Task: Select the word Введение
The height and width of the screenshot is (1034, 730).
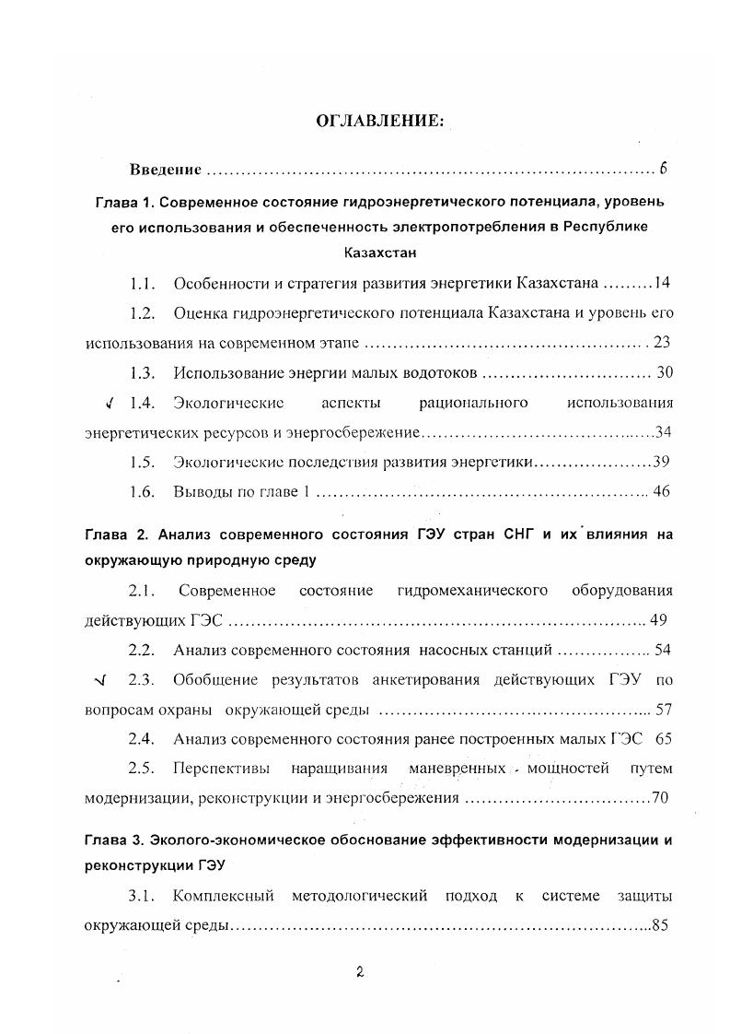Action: pos(165,170)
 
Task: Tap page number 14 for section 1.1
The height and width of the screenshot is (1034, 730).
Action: pos(662,283)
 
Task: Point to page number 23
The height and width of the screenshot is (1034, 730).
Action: pos(661,342)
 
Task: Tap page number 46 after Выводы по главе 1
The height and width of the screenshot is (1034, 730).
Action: pos(660,491)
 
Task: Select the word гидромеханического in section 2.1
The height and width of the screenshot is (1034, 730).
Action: pos(473,590)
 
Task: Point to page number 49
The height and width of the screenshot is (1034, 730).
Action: pos(658,619)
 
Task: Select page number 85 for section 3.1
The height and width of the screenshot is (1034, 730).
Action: pos(659,925)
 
